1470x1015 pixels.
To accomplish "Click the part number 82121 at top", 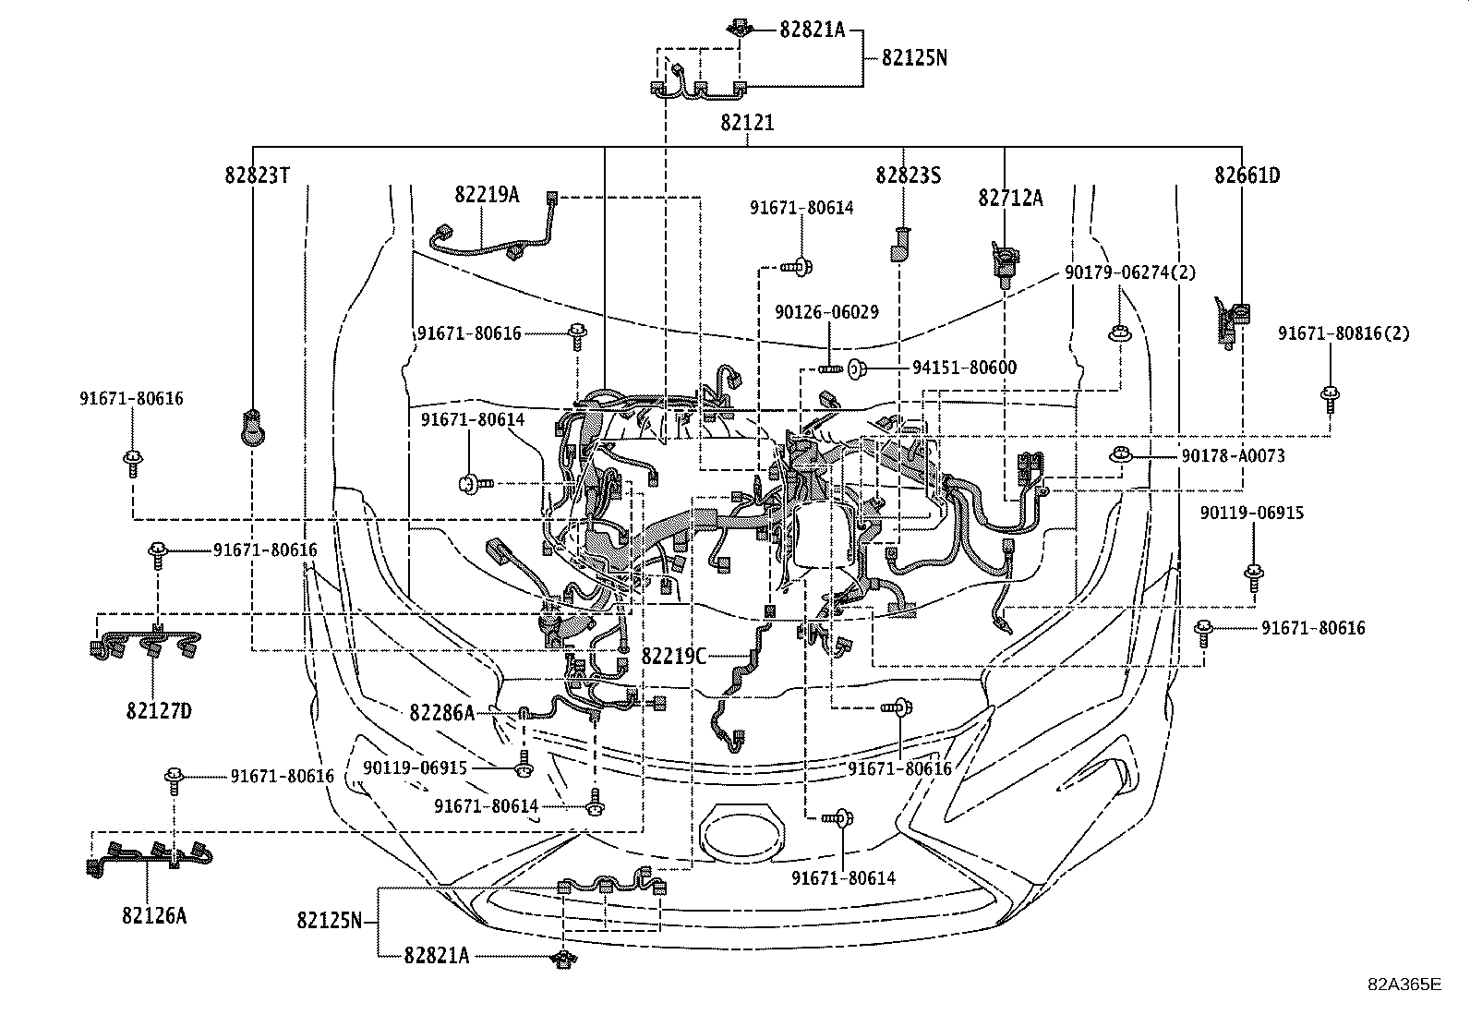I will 747,123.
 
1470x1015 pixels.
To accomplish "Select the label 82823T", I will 258,175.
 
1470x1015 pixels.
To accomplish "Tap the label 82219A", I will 486,195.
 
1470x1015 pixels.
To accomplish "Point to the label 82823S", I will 909,175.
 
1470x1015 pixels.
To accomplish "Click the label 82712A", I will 1011,198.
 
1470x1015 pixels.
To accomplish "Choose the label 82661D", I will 1247,175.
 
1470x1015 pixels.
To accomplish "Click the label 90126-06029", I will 826,312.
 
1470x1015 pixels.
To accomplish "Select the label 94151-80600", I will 964,368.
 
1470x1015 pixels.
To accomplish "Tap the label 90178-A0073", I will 1233,455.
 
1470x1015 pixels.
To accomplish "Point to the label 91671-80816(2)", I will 1343,333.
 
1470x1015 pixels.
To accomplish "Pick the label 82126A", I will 153,915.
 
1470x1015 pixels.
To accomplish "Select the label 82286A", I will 442,712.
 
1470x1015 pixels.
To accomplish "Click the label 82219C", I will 673,657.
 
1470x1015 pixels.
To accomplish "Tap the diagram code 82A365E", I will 1404,984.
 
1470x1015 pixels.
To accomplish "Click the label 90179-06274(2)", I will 1130,272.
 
